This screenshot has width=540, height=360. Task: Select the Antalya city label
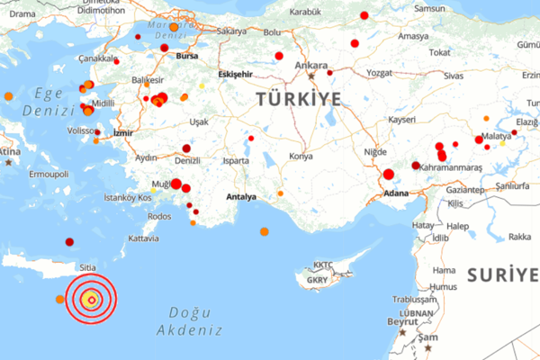click(x=242, y=196)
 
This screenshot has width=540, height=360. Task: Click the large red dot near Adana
click(x=389, y=175)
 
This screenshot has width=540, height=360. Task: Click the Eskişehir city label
click(x=237, y=75)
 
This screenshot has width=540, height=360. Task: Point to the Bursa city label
click(x=187, y=55)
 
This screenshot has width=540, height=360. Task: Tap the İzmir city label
click(x=123, y=133)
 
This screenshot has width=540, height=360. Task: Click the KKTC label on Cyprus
click(x=322, y=265)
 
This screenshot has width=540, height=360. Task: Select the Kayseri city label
click(x=401, y=119)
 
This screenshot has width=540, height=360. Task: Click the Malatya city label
click(x=496, y=136)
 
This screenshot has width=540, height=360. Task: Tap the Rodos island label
click(x=159, y=216)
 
